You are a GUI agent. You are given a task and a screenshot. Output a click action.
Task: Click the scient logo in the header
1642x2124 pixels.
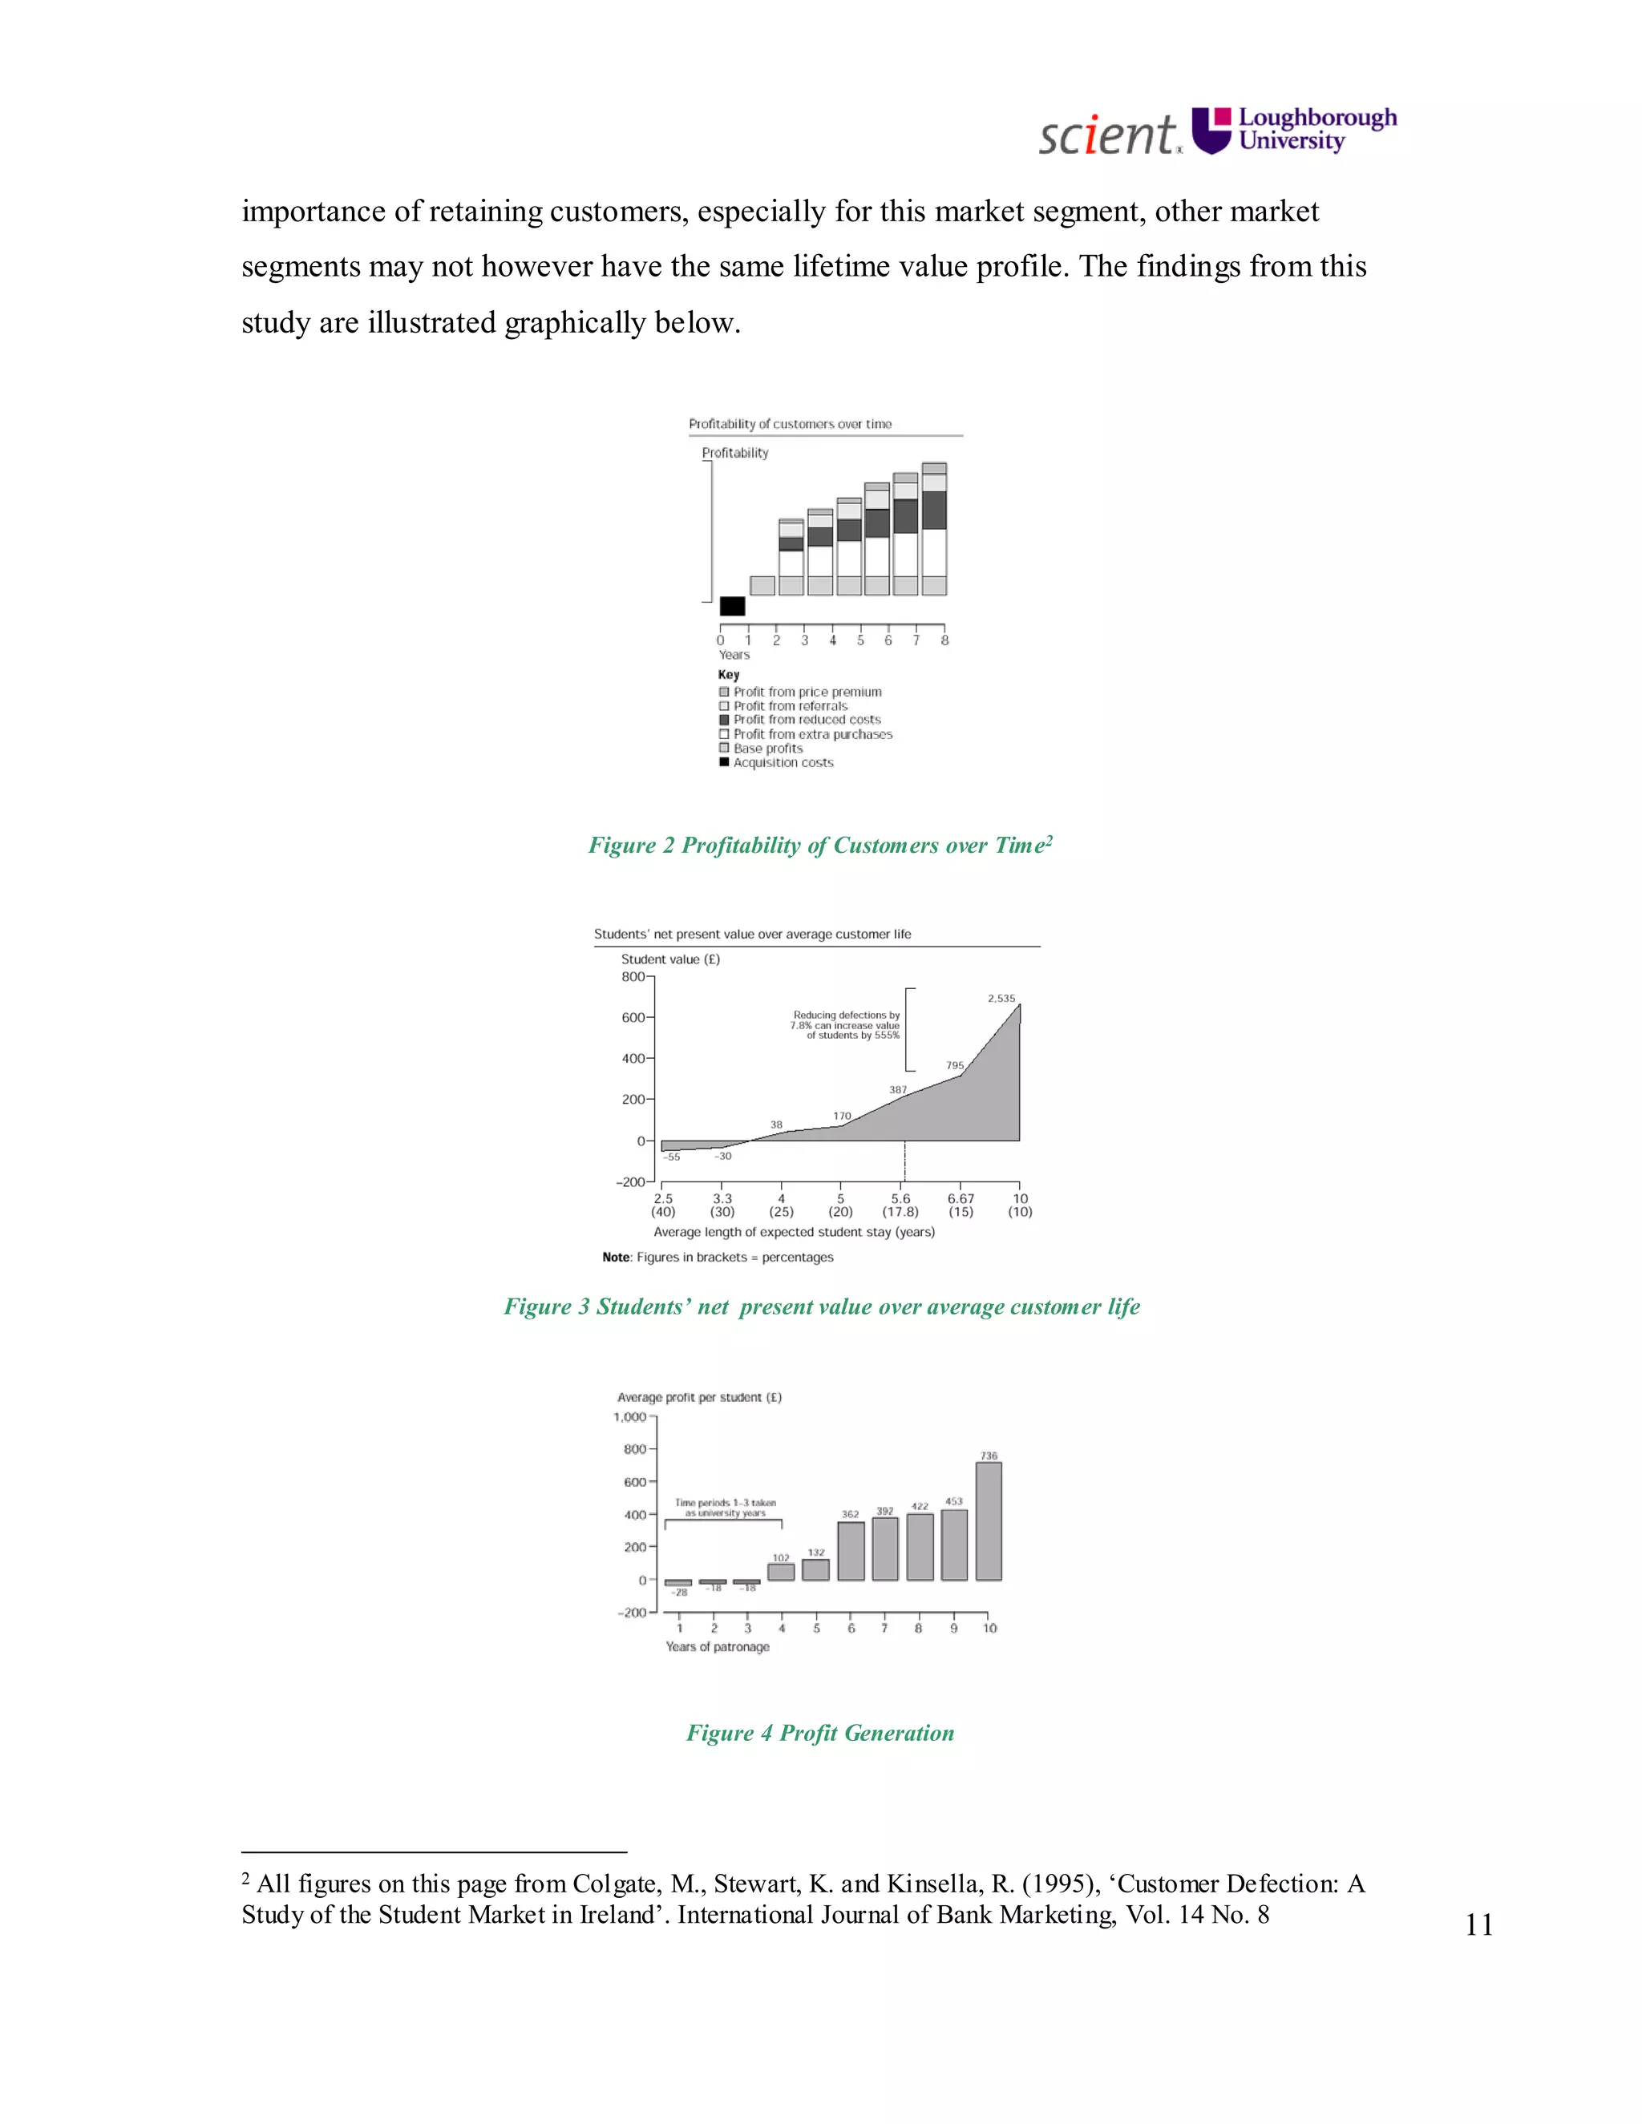(x=1109, y=133)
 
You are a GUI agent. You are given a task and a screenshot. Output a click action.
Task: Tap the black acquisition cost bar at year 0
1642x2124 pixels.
(x=731, y=606)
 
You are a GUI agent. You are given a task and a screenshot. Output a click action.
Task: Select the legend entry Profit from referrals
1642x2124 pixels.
(x=790, y=706)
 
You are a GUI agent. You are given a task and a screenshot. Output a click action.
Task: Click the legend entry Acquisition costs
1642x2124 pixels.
(x=783, y=762)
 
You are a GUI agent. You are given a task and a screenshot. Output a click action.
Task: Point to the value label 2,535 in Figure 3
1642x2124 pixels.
(x=1001, y=998)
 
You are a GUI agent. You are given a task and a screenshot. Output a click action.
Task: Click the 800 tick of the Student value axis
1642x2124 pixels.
(x=633, y=976)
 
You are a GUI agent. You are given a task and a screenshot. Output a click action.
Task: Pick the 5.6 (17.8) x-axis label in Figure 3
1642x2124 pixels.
(x=900, y=1205)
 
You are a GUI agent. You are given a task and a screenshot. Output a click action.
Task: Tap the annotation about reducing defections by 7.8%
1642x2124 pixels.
(x=845, y=1025)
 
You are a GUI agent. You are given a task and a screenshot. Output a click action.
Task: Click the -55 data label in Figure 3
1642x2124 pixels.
(x=672, y=1157)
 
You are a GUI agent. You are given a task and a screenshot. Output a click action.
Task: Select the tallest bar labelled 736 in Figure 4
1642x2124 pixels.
(x=989, y=1521)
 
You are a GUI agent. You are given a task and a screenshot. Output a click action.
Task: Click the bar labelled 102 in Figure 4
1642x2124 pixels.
(x=781, y=1572)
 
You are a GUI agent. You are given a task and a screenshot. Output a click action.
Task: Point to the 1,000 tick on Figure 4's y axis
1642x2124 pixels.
(x=629, y=1417)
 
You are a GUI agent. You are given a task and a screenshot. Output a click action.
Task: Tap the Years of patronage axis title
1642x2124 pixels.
(x=717, y=1646)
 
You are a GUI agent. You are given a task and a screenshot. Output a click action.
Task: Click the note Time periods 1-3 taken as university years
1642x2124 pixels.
(x=726, y=1508)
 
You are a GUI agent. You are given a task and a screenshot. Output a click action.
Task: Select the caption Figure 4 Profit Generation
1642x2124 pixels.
(x=820, y=1733)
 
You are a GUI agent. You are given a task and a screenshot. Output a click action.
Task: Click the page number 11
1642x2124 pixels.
(x=1478, y=1924)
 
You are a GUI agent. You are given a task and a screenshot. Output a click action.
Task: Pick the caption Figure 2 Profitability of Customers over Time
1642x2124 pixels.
(x=820, y=845)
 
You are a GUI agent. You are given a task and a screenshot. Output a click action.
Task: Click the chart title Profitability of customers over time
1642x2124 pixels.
(x=790, y=424)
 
